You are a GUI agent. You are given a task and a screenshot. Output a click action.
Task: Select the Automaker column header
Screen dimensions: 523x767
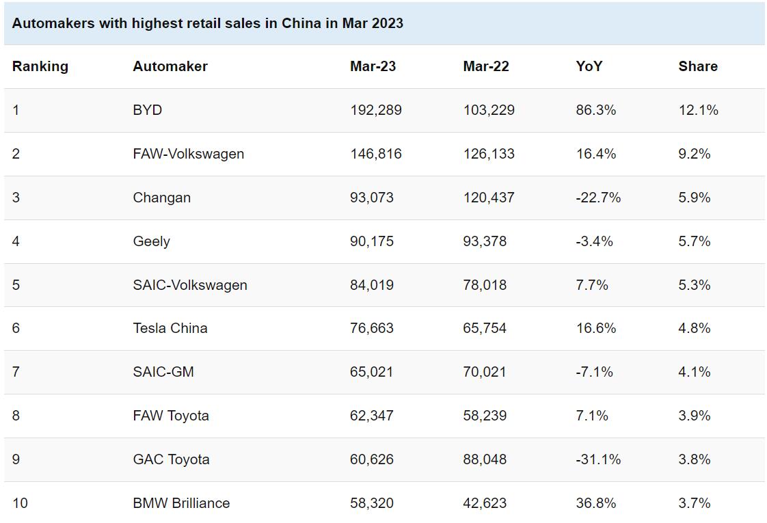pos(170,66)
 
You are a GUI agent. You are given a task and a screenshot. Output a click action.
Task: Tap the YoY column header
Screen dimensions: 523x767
pos(589,66)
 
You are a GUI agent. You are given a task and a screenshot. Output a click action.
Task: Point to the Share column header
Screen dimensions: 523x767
pos(698,66)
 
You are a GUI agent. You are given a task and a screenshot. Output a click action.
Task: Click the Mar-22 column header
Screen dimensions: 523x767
pos(486,66)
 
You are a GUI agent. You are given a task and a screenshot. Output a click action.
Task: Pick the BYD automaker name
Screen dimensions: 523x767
pos(148,110)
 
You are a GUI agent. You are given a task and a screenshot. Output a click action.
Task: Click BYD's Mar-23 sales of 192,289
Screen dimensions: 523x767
pos(376,110)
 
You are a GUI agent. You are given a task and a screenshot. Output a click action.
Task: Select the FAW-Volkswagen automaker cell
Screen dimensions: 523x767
pos(189,154)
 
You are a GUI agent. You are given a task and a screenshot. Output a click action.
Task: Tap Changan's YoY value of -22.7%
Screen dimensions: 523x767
pos(599,198)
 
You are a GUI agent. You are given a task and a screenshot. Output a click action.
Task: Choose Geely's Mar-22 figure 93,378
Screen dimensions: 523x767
pos(485,241)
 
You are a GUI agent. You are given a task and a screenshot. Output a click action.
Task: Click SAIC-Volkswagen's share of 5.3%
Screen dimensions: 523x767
pos(695,285)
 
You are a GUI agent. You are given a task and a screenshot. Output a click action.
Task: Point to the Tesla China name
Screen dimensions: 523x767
pos(170,328)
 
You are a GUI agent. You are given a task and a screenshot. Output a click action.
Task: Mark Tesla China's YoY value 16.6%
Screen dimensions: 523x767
pos(596,328)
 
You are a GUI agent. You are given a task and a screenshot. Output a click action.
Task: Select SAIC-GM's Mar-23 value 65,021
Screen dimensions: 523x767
pos(372,372)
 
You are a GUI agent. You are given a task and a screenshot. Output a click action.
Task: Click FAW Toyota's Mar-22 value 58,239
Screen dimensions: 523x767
pos(485,416)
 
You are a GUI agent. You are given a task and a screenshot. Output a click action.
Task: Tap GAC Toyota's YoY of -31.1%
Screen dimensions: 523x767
pos(599,459)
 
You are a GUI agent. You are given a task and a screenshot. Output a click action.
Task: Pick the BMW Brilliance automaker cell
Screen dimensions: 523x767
pos(181,503)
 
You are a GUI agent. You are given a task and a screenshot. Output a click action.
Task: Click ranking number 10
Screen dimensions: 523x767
pos(21,503)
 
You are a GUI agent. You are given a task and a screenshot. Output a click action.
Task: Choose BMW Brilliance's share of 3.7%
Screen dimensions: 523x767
pos(695,503)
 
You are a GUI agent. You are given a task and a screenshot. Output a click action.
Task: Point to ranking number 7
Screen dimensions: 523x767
pos(16,372)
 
